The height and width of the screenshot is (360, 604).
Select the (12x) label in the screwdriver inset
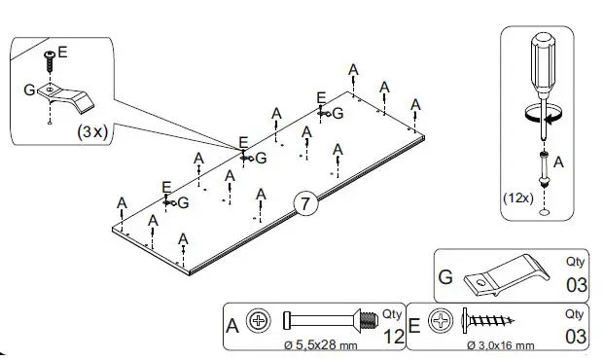pyautogui.click(x=517, y=197)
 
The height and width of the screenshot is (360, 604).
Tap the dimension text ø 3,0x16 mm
pyautogui.click(x=501, y=345)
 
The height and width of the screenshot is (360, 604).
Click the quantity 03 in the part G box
pyautogui.click(x=576, y=284)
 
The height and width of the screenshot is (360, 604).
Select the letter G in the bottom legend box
pyautogui.click(x=446, y=276)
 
